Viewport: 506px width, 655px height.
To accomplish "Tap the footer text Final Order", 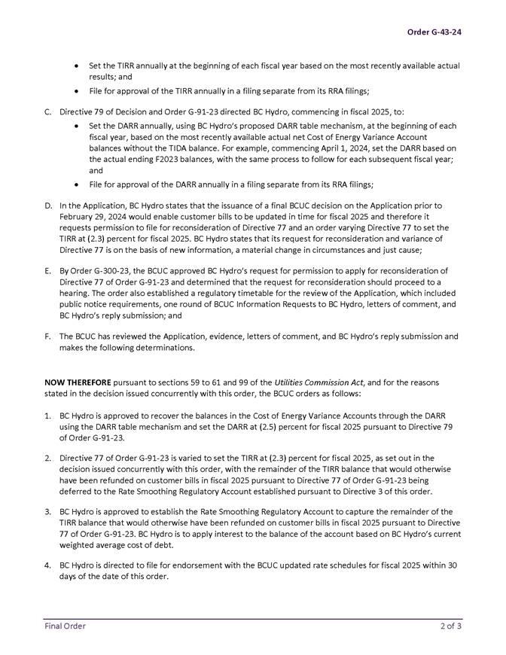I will (x=64, y=626).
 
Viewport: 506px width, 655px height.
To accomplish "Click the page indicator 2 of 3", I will (x=451, y=626).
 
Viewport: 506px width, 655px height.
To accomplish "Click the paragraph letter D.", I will (x=48, y=205).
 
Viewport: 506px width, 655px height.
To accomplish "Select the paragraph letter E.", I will (x=47, y=270).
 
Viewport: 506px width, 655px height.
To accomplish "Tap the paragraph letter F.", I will (x=47, y=336).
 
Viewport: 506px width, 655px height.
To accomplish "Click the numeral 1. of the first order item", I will (x=47, y=415).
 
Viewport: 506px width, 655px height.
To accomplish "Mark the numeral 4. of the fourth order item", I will (x=47, y=565).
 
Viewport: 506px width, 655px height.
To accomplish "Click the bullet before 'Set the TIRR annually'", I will (x=78, y=65).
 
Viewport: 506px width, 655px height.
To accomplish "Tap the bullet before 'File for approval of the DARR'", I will (x=78, y=184).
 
